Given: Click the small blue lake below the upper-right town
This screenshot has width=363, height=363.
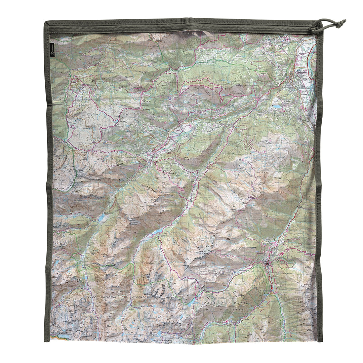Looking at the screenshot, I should tap(276, 106).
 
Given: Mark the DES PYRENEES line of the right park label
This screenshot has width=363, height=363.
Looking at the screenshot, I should tap(224, 309).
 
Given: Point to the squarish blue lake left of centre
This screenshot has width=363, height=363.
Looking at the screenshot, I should tap(102, 218).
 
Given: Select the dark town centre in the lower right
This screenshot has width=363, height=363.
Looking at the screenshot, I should tap(267, 264).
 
